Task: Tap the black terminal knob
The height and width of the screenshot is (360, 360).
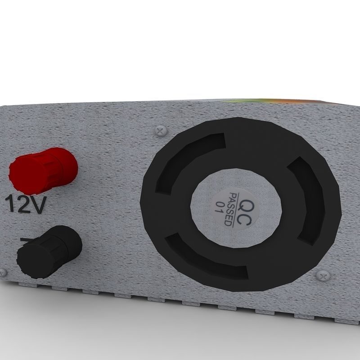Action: pos(49,252)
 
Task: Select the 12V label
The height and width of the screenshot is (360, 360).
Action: pos(27,205)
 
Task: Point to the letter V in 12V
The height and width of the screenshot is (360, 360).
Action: pos(38,205)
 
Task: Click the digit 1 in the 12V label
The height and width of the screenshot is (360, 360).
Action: pos(10,205)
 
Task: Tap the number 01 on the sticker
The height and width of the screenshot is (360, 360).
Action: pos(220,207)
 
